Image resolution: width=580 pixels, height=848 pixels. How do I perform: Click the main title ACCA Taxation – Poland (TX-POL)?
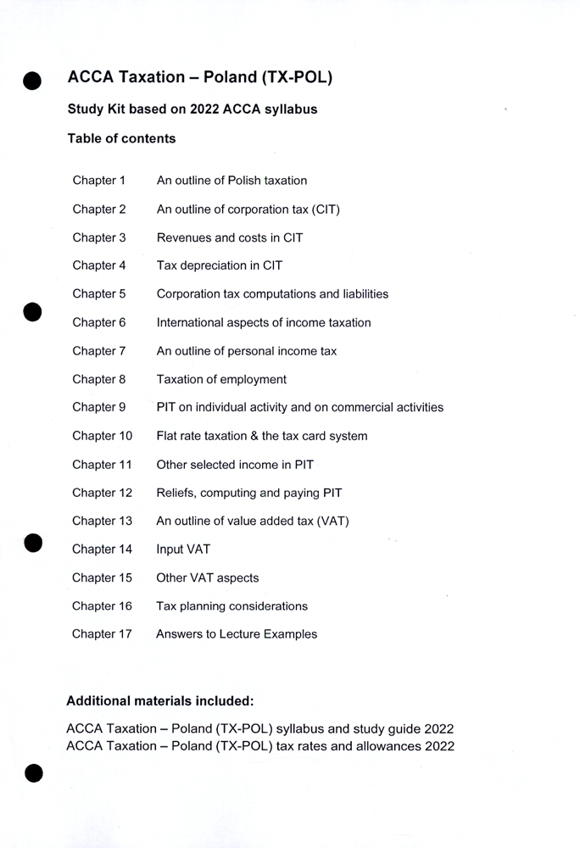click(200, 77)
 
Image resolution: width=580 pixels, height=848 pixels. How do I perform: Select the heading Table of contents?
click(121, 138)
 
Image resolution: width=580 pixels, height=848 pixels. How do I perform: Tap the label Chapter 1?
click(99, 181)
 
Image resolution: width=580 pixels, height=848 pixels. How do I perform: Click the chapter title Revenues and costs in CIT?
click(229, 237)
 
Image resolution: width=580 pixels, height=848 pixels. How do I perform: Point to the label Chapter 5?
click(99, 294)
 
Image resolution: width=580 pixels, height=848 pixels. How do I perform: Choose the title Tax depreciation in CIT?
click(219, 265)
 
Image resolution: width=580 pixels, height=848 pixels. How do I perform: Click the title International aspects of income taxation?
click(263, 322)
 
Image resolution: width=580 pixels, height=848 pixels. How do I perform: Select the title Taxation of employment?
click(221, 379)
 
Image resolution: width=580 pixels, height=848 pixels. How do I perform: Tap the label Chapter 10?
click(103, 436)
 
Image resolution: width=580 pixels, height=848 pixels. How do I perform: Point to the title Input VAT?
click(183, 550)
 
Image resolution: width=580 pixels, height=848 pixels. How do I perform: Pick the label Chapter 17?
click(102, 634)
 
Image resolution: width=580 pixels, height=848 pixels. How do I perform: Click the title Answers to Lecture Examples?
click(237, 634)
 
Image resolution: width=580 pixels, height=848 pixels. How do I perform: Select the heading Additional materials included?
click(160, 701)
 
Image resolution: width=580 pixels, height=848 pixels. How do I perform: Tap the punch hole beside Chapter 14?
click(32, 543)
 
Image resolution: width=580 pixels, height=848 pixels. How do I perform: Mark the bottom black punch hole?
click(32, 773)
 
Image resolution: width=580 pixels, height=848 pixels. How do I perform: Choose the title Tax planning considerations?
click(231, 606)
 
